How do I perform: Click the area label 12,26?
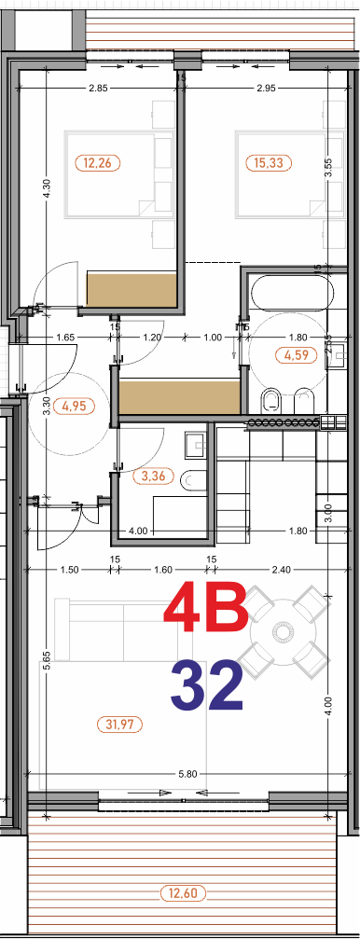point(97,163)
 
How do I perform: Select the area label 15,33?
point(270,163)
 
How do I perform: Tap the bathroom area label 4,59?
point(296,354)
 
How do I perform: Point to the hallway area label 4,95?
point(74,406)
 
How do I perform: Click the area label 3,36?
point(151,476)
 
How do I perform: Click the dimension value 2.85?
point(99,89)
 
